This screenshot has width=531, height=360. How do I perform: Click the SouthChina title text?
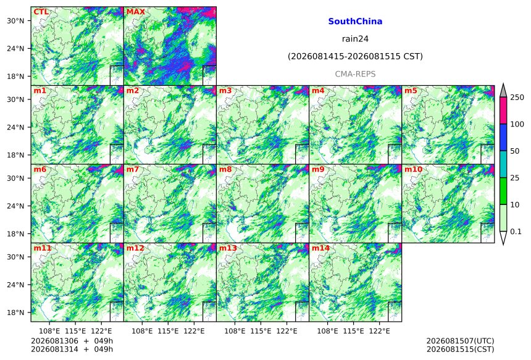(x=355, y=22)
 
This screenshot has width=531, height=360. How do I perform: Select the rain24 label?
(x=355, y=39)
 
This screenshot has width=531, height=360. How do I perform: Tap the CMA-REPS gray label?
(x=355, y=74)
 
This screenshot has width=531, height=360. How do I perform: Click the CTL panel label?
(x=41, y=12)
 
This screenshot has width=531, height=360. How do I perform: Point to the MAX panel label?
(x=135, y=12)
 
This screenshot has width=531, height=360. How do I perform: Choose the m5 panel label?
(x=411, y=91)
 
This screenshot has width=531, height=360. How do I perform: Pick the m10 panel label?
(x=413, y=169)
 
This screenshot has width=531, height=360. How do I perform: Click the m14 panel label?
(x=320, y=248)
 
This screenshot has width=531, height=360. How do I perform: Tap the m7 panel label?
(x=133, y=169)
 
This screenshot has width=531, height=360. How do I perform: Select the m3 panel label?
(x=225, y=91)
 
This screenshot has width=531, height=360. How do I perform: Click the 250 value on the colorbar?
(x=517, y=98)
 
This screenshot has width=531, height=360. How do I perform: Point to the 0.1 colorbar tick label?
(x=516, y=232)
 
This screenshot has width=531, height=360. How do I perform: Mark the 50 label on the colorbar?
(x=515, y=151)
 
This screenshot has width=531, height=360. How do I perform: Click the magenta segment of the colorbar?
(x=503, y=111)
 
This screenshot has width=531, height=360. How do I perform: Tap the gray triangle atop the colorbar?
(x=503, y=91)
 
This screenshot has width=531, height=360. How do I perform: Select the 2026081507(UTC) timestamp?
(x=460, y=341)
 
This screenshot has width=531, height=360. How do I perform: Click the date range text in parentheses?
(x=355, y=56)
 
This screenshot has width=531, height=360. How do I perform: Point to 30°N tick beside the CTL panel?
(x=15, y=20)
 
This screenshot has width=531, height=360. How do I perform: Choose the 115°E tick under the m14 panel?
(x=354, y=331)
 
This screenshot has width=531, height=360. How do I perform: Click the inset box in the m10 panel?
(x=488, y=233)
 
